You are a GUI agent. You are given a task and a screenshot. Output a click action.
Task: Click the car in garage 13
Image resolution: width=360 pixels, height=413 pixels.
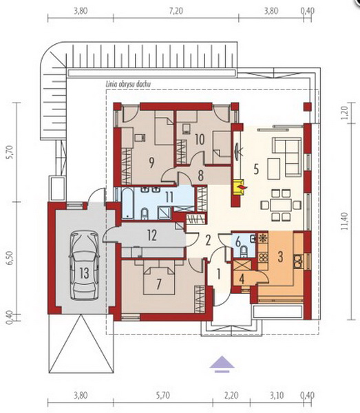point(84,265)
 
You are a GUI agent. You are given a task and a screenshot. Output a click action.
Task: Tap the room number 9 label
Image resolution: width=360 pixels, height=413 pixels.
point(151,162)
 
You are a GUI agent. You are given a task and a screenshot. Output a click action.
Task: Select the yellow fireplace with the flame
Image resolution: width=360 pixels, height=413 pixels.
point(239,187)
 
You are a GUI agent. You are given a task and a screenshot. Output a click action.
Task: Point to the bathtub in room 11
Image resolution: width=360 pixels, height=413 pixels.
point(127,203)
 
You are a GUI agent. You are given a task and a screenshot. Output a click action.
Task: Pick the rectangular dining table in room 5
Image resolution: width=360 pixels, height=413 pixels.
point(281,205)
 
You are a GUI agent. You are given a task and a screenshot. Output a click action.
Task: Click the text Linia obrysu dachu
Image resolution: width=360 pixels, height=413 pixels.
point(128,84)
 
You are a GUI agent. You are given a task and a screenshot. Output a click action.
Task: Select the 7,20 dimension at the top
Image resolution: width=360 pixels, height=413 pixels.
point(176,11)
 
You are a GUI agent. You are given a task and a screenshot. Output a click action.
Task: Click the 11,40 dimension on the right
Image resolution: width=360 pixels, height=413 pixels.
point(346,221)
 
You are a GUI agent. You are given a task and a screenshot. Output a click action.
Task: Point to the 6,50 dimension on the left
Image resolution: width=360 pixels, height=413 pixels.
point(10,258)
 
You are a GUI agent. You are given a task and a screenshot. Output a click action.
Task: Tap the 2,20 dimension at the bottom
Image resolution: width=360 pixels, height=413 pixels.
point(231,395)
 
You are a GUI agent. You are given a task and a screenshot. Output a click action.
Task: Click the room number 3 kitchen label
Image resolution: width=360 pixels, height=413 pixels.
point(280,257)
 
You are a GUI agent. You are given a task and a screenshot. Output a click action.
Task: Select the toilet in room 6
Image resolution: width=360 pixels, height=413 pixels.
point(244,251)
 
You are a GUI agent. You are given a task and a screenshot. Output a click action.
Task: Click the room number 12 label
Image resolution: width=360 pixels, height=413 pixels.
point(152,235)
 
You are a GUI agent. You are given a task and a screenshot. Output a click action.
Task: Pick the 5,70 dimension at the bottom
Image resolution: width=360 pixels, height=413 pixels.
point(162,395)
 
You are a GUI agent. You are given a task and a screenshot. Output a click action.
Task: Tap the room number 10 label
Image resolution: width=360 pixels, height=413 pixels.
point(200,139)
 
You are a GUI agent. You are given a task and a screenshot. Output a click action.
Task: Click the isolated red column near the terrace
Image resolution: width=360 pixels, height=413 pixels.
point(307,107)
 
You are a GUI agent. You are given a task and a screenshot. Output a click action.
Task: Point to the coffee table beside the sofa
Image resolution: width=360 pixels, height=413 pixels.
point(274,169)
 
